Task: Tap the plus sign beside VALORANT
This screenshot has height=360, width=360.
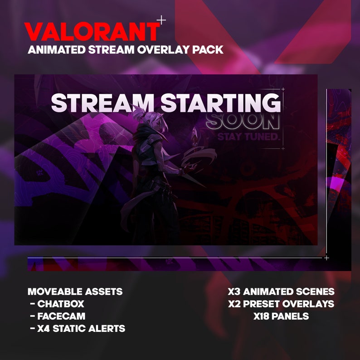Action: pos(161,20)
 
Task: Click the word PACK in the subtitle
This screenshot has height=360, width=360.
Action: pos(208,49)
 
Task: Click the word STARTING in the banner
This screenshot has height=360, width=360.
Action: pos(221,103)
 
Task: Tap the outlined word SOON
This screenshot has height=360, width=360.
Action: pos(243,122)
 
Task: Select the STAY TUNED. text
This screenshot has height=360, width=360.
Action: pos(248,136)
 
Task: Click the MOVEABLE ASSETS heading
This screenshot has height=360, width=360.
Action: pos(75,292)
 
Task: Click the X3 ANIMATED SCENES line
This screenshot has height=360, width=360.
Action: pos(281,292)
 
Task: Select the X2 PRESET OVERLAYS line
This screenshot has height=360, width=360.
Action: pos(281,304)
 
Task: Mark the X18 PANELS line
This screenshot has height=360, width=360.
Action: pos(281,316)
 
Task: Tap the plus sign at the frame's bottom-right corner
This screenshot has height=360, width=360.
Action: pos(326,258)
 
